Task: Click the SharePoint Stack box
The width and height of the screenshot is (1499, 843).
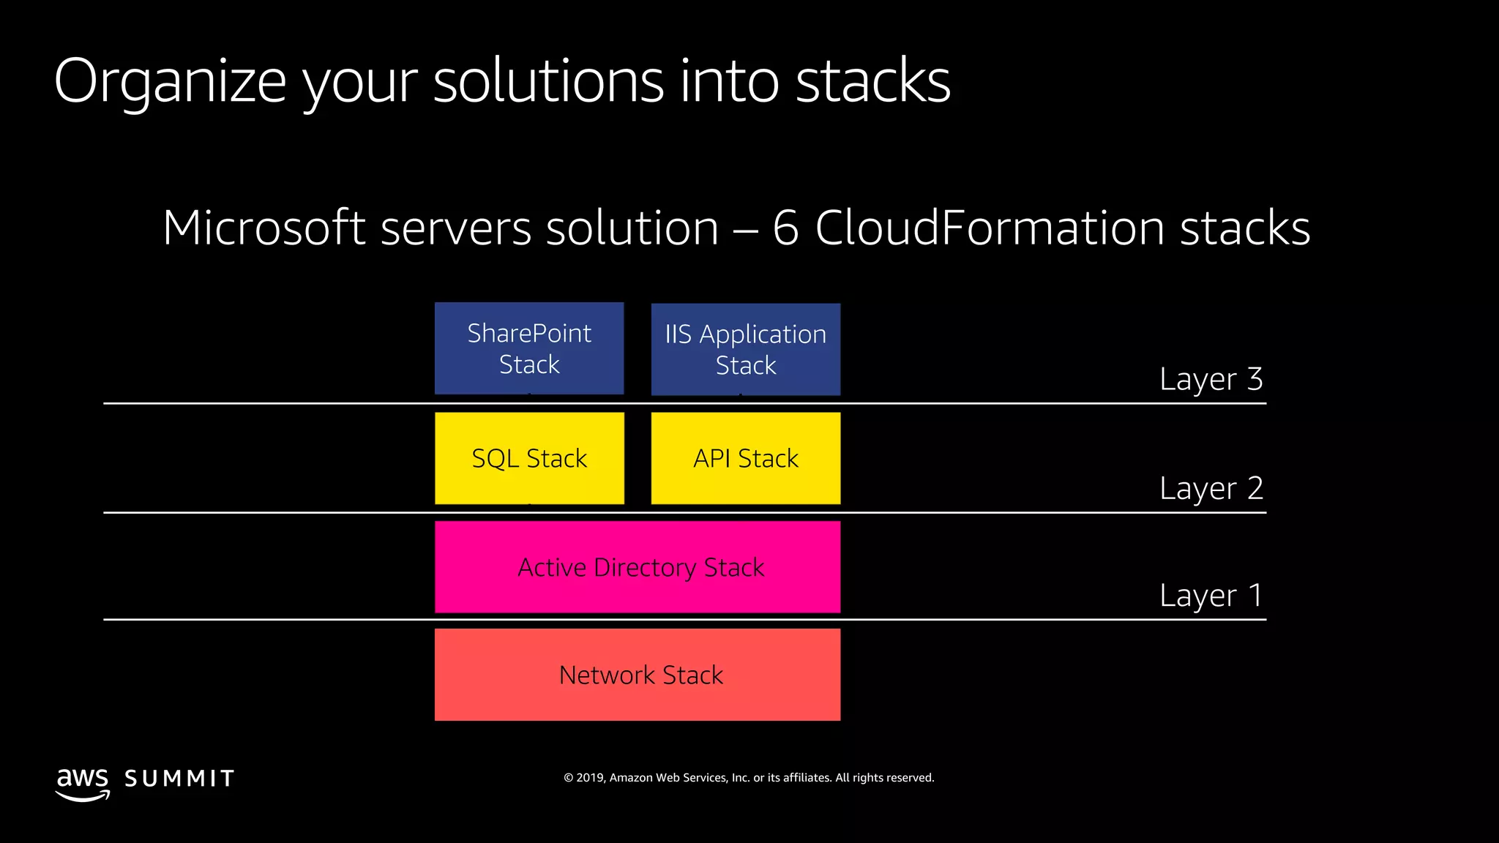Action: click(528, 348)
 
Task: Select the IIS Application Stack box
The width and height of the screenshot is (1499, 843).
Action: click(745, 349)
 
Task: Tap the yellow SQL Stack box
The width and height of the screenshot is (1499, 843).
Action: click(528, 458)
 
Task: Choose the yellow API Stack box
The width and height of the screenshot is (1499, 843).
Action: click(745, 458)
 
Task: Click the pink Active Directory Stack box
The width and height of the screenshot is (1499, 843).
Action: click(637, 567)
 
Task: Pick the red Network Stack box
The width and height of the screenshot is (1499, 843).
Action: click(637, 675)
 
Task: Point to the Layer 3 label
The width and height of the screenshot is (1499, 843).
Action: click(1211, 379)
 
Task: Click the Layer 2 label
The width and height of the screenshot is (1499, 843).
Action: click(1211, 488)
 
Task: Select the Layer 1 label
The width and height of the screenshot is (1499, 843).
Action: click(1211, 596)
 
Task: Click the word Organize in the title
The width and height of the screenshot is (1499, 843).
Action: click(170, 82)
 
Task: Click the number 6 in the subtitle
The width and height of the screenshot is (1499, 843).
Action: click(785, 228)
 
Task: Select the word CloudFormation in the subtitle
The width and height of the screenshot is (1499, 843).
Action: click(990, 228)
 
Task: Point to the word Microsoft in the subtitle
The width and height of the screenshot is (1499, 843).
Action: click(263, 228)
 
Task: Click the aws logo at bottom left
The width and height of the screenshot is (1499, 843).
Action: click(83, 783)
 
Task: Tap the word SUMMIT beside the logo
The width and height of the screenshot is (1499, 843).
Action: click(179, 779)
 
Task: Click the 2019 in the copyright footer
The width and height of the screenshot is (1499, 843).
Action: click(589, 778)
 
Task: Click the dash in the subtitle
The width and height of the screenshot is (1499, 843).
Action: click(745, 229)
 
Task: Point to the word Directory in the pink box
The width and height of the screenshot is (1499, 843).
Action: click(644, 568)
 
